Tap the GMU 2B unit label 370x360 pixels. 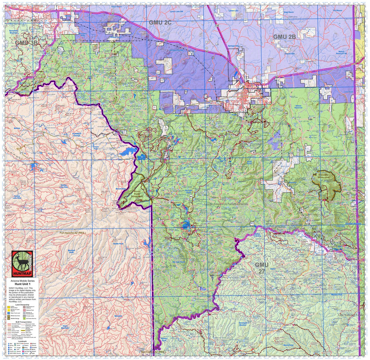coord(284,36)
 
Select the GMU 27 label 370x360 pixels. coord(262,268)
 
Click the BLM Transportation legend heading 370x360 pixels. coord(21,322)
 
